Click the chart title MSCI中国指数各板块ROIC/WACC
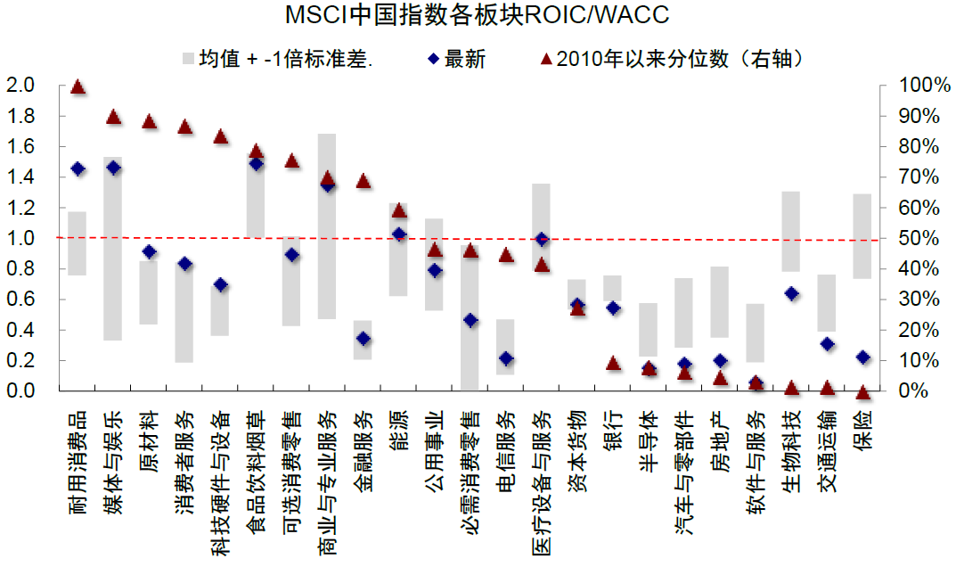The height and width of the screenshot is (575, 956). (x=477, y=16)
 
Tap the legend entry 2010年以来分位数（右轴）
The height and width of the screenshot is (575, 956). (x=682, y=60)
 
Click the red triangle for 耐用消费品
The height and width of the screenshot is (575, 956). (x=78, y=87)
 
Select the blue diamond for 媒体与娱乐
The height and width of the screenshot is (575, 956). (x=113, y=168)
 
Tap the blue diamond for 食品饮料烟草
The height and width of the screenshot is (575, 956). (x=256, y=164)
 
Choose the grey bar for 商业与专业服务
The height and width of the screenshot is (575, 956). (x=327, y=226)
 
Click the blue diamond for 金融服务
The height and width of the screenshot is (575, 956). (x=363, y=339)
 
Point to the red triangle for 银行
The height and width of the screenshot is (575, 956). (x=613, y=364)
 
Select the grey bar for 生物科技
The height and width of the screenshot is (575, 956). (x=790, y=232)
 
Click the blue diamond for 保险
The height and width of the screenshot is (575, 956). (x=862, y=357)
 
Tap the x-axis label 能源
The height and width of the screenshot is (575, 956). (x=398, y=430)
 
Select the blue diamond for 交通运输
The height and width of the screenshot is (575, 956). (x=827, y=344)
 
